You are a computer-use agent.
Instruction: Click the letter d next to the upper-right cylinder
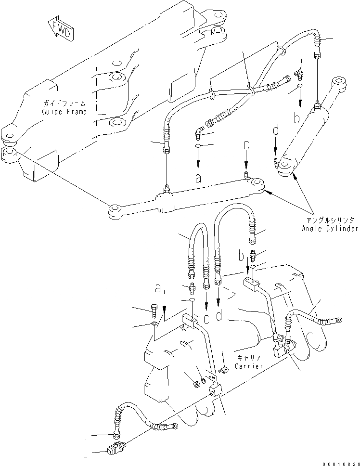[x=275, y=130]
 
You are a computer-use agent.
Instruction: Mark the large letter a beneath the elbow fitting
[x=198, y=178]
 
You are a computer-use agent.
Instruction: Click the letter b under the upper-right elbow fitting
[x=297, y=117]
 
